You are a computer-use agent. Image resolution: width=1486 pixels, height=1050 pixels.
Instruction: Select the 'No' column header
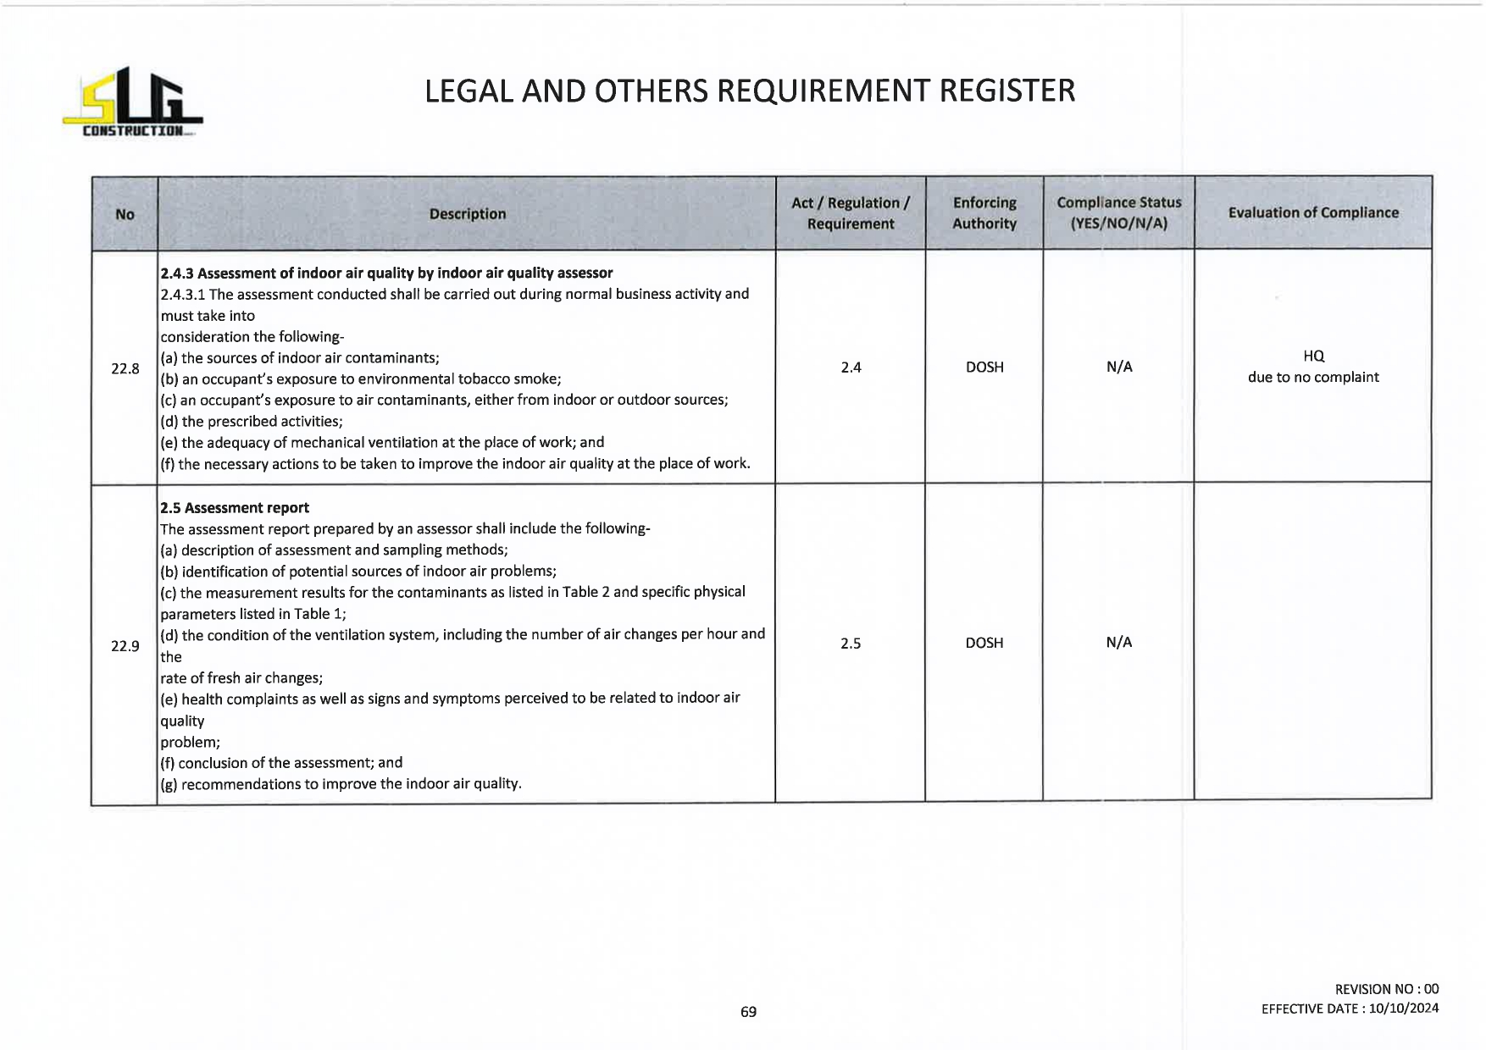click(x=125, y=214)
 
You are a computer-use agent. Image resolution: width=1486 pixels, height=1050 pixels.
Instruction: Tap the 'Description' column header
click(x=467, y=214)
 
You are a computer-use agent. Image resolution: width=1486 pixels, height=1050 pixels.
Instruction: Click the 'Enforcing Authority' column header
click(x=984, y=213)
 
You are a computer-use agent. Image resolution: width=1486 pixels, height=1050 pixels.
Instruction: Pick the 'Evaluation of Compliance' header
click(x=1312, y=213)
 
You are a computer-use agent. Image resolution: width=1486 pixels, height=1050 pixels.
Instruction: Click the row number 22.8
click(x=125, y=368)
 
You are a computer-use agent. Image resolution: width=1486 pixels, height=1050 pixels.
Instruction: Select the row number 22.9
click(x=125, y=646)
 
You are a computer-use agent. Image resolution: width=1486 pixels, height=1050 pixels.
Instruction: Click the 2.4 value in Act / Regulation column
click(x=851, y=367)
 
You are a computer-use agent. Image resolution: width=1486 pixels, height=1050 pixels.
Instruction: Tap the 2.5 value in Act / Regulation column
click(x=851, y=644)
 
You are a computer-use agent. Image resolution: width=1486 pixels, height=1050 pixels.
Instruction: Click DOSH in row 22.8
click(x=984, y=367)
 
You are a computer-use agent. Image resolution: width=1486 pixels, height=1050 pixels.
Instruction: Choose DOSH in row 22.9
click(x=984, y=643)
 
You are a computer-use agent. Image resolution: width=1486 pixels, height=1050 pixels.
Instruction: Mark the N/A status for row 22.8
click(x=1119, y=367)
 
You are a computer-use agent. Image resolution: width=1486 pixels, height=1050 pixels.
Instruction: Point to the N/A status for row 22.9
click(x=1119, y=642)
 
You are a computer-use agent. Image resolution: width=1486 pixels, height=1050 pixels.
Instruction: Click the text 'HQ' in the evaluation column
click(x=1313, y=356)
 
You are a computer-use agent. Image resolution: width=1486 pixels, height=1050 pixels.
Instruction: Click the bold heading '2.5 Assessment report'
click(x=235, y=508)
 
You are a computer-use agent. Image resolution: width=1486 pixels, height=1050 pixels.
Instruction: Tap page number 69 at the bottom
click(x=748, y=1012)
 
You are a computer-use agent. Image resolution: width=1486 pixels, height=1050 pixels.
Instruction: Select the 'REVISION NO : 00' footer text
click(x=1386, y=989)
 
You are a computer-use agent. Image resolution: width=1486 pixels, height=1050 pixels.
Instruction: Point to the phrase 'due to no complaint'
click(x=1313, y=378)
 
